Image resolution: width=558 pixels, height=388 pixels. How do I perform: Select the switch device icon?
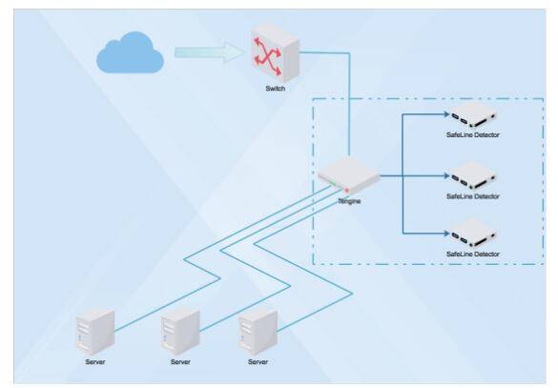point(275,51)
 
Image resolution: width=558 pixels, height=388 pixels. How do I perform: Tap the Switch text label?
point(275,89)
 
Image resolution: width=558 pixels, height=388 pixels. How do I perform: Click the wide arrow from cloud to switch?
point(210,52)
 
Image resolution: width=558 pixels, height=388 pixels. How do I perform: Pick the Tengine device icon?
point(349,176)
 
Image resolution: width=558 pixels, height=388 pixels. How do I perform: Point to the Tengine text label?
point(349,201)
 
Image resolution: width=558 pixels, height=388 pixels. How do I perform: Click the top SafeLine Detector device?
point(474,114)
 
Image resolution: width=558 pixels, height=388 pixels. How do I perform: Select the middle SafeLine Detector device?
point(474,176)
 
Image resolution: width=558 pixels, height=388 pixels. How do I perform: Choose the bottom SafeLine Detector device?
point(474,234)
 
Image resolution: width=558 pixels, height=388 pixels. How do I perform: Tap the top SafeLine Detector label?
point(473,134)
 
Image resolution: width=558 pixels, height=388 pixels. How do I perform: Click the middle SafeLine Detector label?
point(473,196)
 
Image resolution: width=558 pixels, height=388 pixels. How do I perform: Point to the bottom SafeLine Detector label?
point(473,254)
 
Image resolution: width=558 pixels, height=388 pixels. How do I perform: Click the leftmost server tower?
point(95,332)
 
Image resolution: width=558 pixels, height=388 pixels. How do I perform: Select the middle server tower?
point(180,332)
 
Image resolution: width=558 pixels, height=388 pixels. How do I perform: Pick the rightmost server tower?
point(258,332)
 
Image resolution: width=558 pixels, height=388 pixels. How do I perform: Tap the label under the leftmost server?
point(95,362)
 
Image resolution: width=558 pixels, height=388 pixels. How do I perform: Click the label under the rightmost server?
point(258,362)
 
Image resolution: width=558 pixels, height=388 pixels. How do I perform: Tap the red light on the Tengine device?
point(346,191)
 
